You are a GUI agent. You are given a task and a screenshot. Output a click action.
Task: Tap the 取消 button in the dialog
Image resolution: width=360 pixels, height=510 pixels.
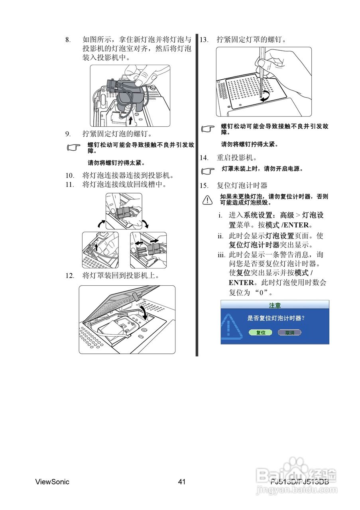(x=289, y=332)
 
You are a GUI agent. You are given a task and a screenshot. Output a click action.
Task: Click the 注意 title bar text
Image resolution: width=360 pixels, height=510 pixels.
(x=275, y=305)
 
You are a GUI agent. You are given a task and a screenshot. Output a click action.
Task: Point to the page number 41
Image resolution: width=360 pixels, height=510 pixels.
(x=182, y=482)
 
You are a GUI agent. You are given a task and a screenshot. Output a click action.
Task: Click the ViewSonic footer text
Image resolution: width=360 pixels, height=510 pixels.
(x=52, y=482)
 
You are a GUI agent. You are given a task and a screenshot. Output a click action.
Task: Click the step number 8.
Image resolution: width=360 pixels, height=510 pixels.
(x=68, y=39)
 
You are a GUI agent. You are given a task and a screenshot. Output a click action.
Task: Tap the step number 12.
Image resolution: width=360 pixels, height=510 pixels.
(x=70, y=275)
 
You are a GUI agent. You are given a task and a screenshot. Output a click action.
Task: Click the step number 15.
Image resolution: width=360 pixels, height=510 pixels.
(x=204, y=185)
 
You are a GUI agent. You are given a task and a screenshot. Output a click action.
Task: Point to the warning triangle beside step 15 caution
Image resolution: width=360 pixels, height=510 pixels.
(x=207, y=199)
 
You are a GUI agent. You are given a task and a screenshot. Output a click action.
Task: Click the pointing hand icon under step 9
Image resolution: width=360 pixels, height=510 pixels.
(x=73, y=148)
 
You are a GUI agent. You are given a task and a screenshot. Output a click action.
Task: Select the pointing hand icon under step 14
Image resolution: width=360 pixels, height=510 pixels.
(x=207, y=171)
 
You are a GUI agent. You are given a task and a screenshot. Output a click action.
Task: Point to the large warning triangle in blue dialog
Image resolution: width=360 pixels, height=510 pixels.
(x=231, y=328)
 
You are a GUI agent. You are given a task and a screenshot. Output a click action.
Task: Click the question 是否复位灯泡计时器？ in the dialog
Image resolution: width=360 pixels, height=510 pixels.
(x=276, y=318)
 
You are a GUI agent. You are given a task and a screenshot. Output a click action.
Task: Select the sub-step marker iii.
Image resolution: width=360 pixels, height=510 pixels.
(x=221, y=255)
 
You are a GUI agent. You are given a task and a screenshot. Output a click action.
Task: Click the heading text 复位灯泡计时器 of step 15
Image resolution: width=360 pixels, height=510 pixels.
(x=242, y=185)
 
